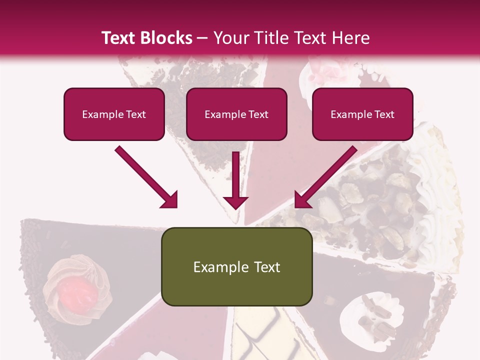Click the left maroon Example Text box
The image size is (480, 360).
click(114, 114)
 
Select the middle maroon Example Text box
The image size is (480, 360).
click(236, 114)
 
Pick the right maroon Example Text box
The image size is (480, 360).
click(362, 114)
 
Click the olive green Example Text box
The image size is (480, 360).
click(236, 267)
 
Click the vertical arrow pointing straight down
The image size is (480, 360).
click(235, 180)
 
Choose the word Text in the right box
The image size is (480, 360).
click(384, 114)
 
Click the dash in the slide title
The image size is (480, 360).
click(202, 38)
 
